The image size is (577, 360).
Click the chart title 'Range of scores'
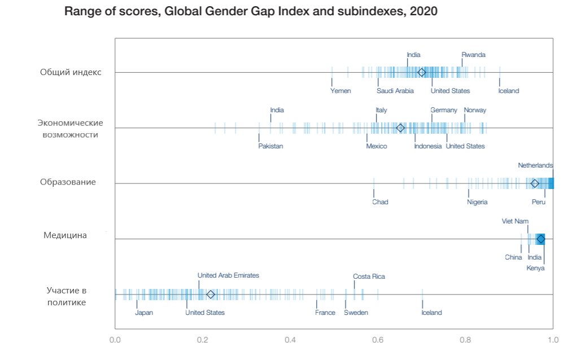(x=251, y=11)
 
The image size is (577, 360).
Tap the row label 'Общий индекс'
(x=71, y=72)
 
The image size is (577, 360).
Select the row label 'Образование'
(x=68, y=182)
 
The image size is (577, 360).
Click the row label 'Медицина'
(x=65, y=235)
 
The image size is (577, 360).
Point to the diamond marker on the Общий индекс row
(x=421, y=72)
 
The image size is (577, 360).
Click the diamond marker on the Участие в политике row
(x=211, y=295)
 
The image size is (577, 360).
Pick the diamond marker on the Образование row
(x=535, y=183)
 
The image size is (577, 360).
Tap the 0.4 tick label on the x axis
(x=290, y=340)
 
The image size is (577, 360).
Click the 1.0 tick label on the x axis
(x=552, y=340)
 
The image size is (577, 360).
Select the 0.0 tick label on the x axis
(x=115, y=340)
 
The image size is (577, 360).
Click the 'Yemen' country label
(x=340, y=91)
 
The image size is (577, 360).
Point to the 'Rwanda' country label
(x=473, y=55)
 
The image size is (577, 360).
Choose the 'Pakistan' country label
(x=270, y=146)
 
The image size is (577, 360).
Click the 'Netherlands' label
(x=535, y=165)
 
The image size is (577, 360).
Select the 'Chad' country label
(x=380, y=201)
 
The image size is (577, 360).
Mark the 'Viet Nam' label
(x=515, y=221)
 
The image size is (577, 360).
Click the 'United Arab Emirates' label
(x=228, y=275)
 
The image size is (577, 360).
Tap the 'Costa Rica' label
(x=369, y=276)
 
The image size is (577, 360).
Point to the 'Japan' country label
(x=144, y=313)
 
